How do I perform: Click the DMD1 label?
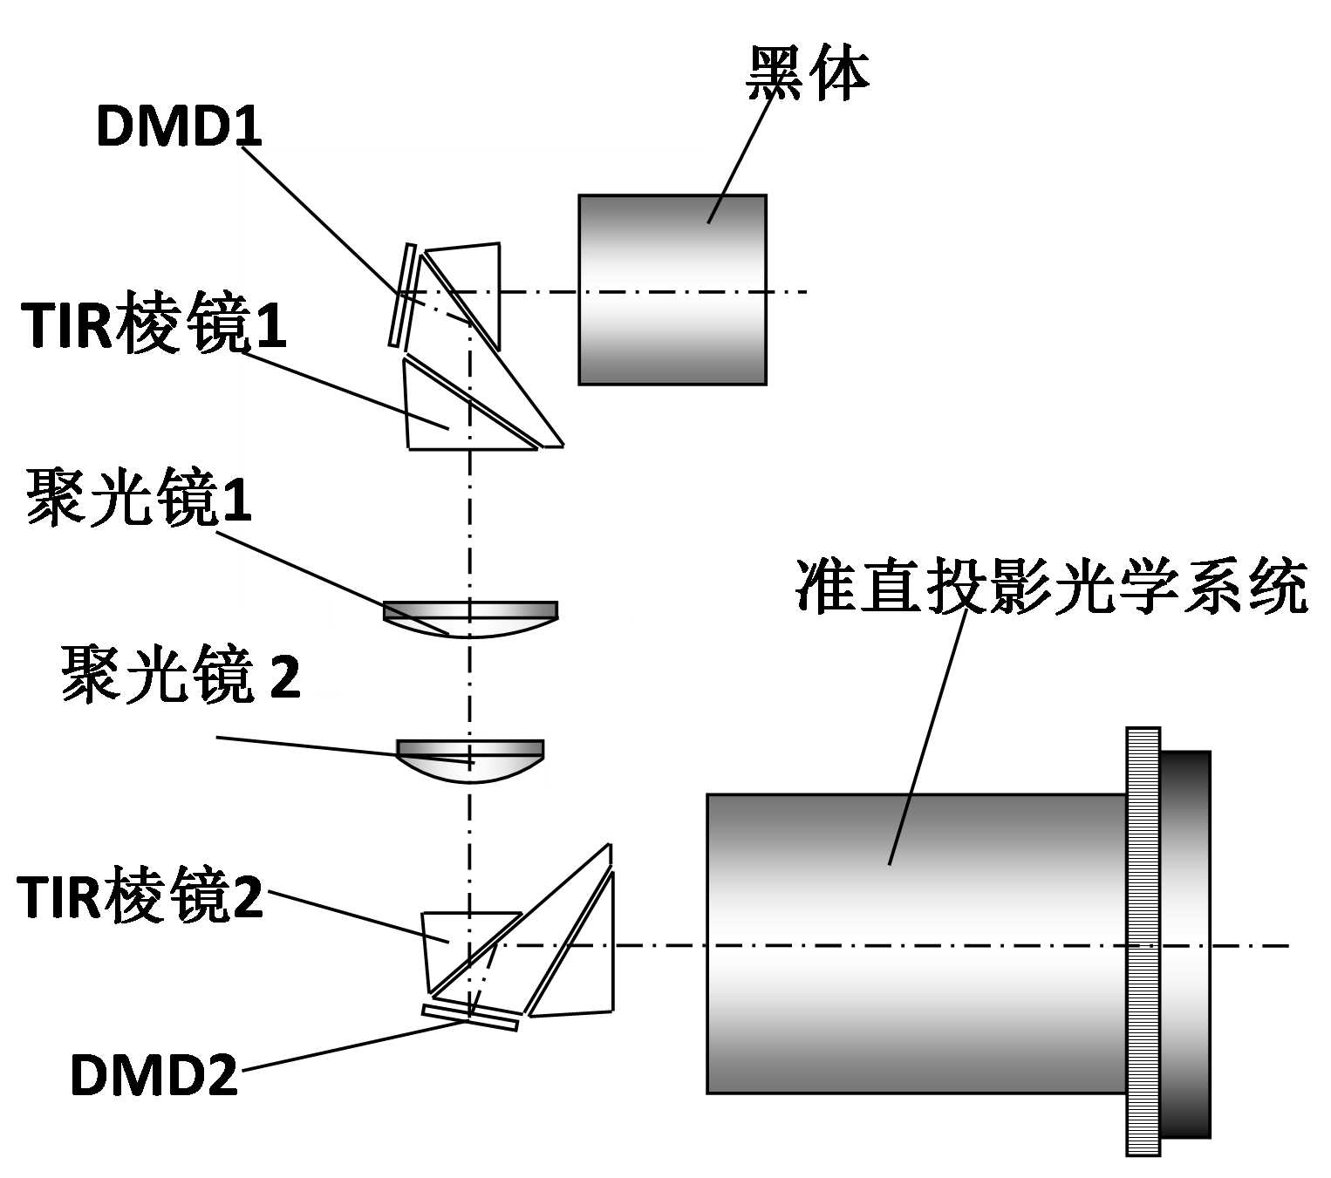(179, 126)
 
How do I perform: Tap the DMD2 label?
(154, 1074)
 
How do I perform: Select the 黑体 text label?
(808, 73)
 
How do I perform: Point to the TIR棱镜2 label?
(140, 897)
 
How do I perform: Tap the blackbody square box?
(672, 289)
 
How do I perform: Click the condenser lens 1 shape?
(470, 617)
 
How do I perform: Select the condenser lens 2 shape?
(470, 759)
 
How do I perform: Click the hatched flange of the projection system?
(1143, 942)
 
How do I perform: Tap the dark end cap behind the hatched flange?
(1186, 944)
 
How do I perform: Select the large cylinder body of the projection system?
(916, 943)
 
